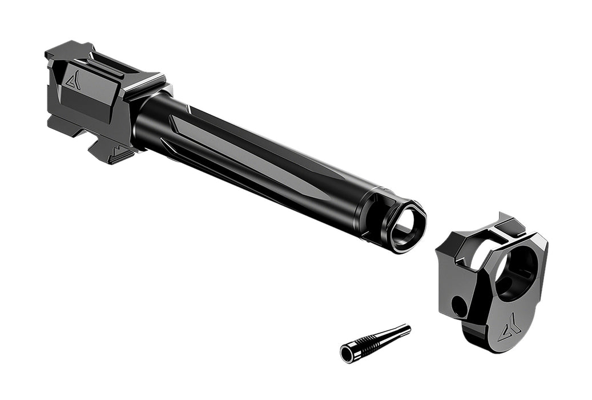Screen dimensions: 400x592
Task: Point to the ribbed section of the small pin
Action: point(369,343)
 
